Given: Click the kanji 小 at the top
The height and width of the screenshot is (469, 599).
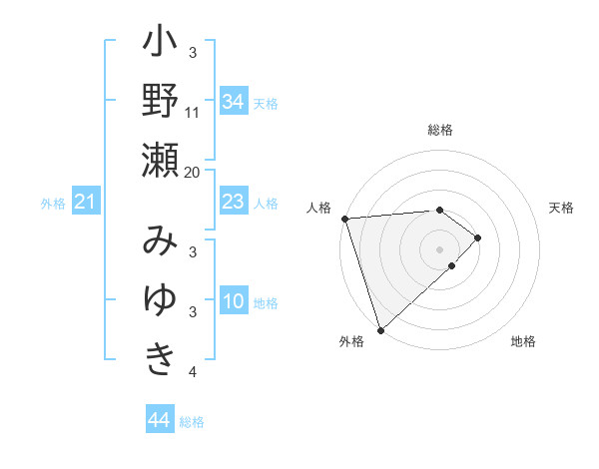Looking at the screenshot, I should tap(160, 45).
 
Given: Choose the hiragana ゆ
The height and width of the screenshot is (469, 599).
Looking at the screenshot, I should tap(160, 299).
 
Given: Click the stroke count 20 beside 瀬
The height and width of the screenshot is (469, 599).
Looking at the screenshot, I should tap(193, 172).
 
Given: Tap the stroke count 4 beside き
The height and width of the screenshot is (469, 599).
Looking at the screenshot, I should tap(193, 372).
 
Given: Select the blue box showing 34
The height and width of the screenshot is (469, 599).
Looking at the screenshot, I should tap(233, 102).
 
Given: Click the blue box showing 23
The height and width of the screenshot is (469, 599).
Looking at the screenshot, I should tap(233, 203).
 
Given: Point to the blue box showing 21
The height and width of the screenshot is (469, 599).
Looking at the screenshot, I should tap(86, 203).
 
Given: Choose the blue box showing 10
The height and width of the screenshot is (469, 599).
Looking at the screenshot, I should tap(233, 301).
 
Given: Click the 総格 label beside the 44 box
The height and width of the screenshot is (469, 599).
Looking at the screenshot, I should tap(192, 422).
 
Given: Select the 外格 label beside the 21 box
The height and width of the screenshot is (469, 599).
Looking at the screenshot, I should tap(53, 204).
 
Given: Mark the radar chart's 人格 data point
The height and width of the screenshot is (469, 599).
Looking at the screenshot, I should tap(344, 218).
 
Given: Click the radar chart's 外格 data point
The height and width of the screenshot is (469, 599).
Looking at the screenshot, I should tap(380, 329).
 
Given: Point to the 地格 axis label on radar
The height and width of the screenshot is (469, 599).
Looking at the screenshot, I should tap(523, 341).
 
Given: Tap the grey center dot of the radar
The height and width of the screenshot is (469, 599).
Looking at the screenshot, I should tap(439, 248).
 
